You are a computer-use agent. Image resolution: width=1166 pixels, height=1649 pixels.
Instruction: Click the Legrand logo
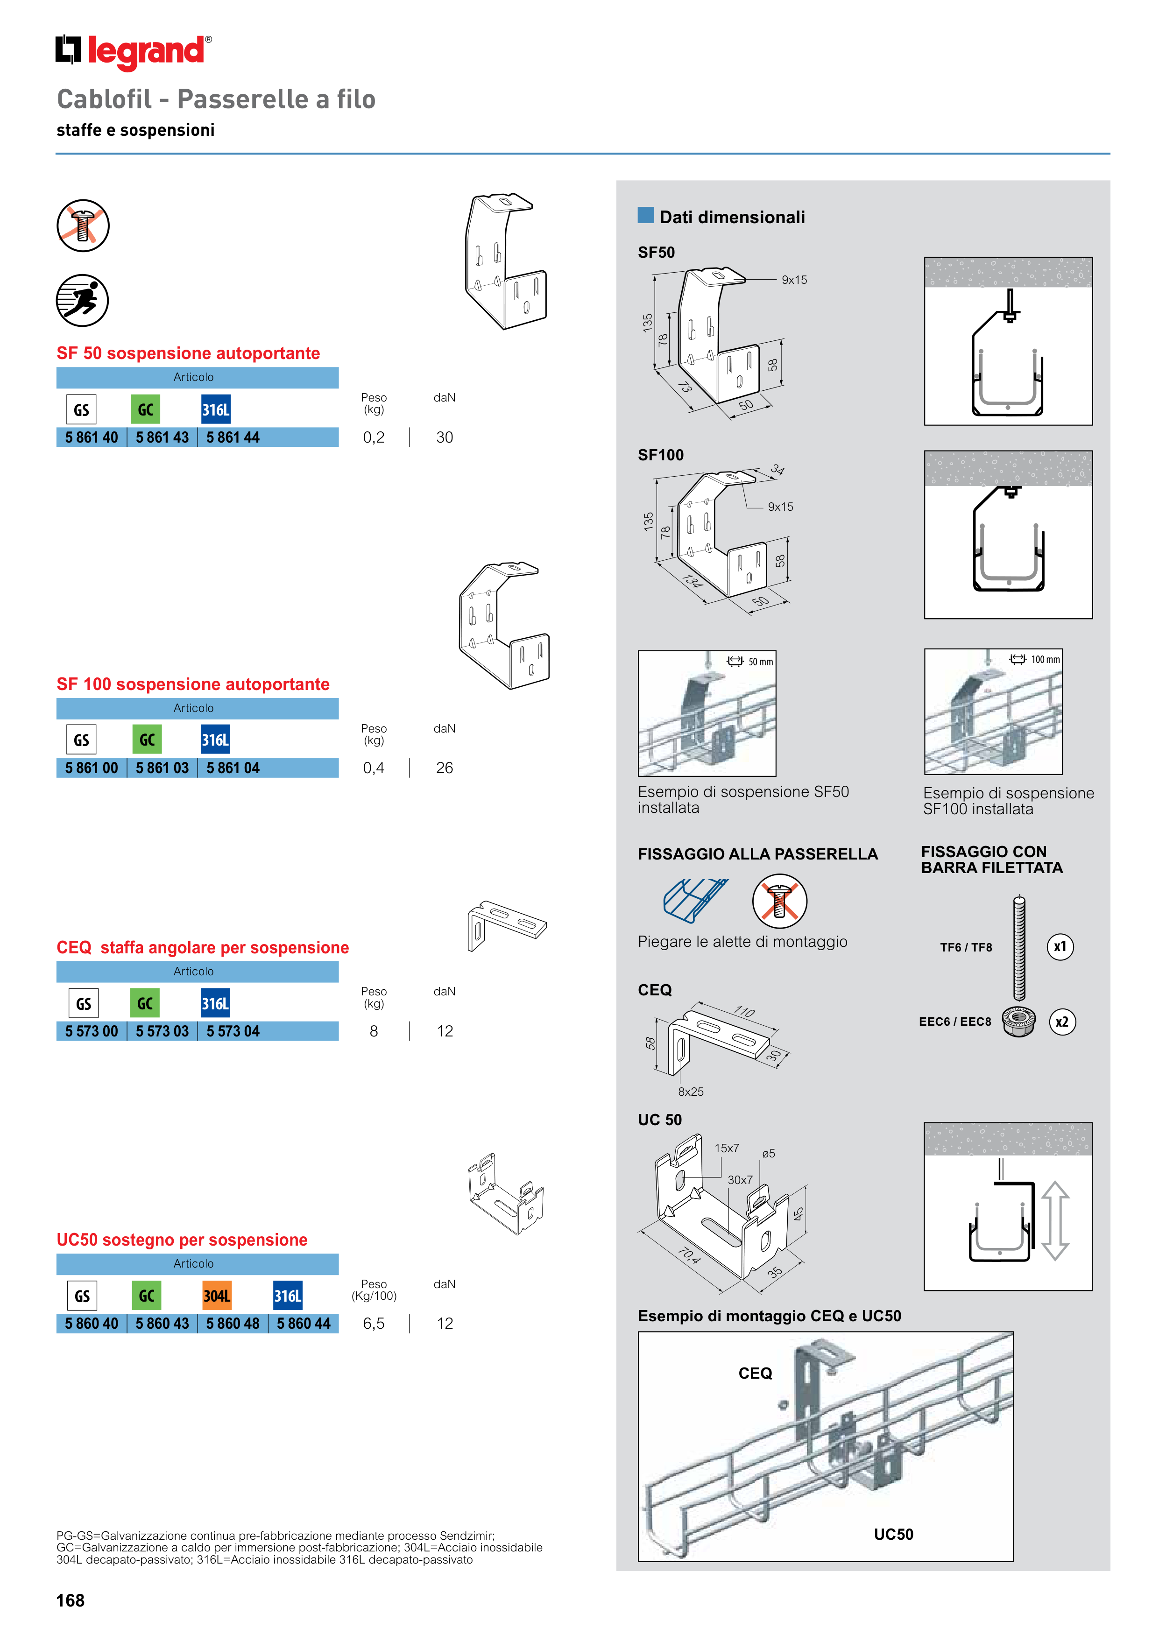tap(134, 52)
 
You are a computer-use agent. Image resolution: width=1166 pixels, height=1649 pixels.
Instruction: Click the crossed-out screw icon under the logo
tap(83, 226)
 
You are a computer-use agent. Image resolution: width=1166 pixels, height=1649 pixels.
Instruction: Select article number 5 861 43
tap(163, 437)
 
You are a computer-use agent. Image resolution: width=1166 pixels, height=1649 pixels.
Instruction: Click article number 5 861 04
tap(233, 768)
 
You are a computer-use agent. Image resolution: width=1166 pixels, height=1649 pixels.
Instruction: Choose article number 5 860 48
tap(233, 1323)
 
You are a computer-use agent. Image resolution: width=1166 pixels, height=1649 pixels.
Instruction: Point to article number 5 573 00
tap(91, 1031)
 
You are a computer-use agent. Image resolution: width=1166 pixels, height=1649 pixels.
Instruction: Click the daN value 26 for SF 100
tap(444, 768)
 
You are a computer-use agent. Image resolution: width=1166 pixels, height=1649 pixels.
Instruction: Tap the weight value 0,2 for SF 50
tap(374, 437)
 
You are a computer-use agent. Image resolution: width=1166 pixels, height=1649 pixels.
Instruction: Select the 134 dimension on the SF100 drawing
tap(692, 581)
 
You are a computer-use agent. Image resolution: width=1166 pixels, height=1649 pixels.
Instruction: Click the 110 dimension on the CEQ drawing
tap(744, 1012)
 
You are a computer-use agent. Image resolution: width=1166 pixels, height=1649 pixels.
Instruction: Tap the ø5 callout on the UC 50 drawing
tap(768, 1154)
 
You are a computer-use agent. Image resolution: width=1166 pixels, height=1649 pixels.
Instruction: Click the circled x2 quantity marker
tap(1062, 1022)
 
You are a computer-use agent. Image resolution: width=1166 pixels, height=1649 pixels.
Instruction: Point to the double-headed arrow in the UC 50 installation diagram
tap(1055, 1221)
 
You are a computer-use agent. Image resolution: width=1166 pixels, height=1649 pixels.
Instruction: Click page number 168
tap(71, 1600)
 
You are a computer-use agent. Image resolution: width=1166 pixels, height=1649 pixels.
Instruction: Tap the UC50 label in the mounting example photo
tap(893, 1534)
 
